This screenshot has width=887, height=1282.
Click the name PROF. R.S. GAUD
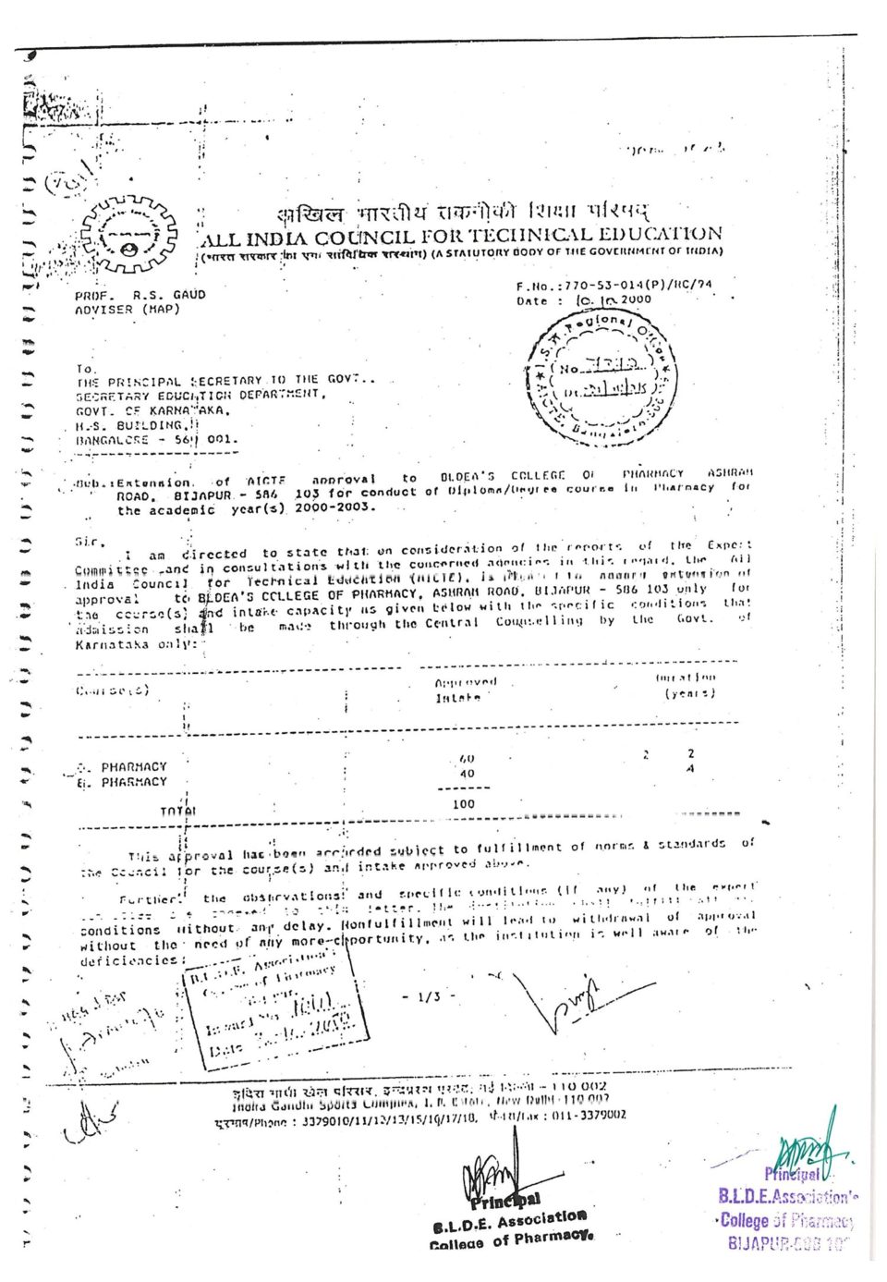pyautogui.click(x=140, y=295)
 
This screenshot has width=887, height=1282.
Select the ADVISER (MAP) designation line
pyautogui.click(x=128, y=310)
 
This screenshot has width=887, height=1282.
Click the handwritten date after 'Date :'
pyautogui.click(x=614, y=299)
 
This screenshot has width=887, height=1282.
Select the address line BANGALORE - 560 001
pyautogui.click(x=156, y=440)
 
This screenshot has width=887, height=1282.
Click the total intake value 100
pyautogui.click(x=464, y=804)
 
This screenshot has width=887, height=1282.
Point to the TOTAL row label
pyautogui.click(x=178, y=812)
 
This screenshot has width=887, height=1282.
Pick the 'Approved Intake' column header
pyautogui.click(x=465, y=690)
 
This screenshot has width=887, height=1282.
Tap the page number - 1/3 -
pyautogui.click(x=430, y=996)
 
